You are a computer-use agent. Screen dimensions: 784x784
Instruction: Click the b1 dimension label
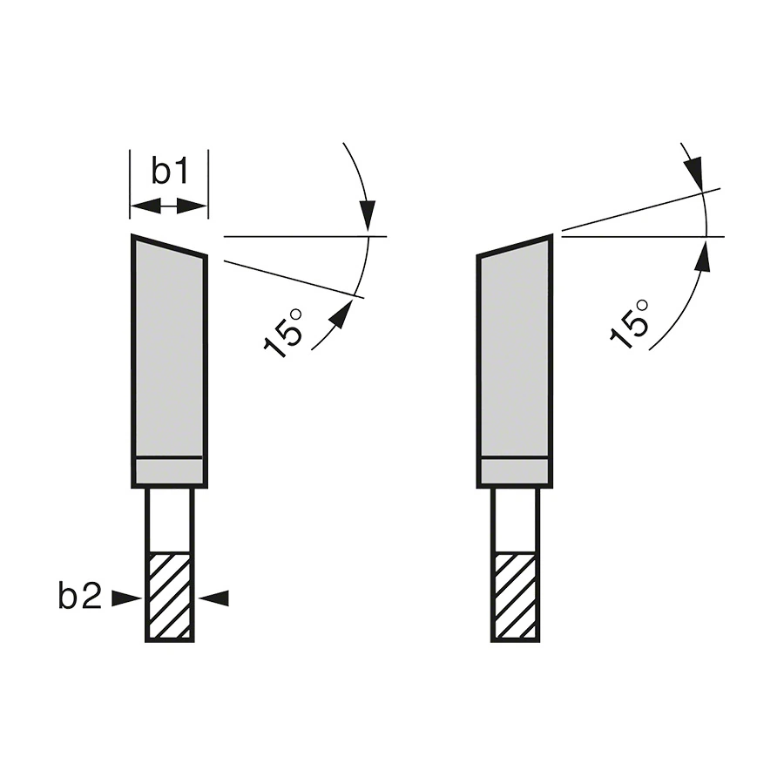pos(170,171)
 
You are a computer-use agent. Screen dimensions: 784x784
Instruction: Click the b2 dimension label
pos(80,595)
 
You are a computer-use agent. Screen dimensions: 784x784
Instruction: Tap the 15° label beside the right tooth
pos(630,324)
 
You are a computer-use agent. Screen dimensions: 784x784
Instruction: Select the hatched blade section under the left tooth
pos(170,596)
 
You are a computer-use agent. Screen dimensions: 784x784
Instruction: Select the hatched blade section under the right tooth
pos(516,596)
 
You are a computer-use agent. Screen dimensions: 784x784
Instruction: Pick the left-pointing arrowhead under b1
pos(146,206)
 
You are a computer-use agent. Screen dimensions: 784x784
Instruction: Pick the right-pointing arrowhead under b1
pos(192,206)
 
